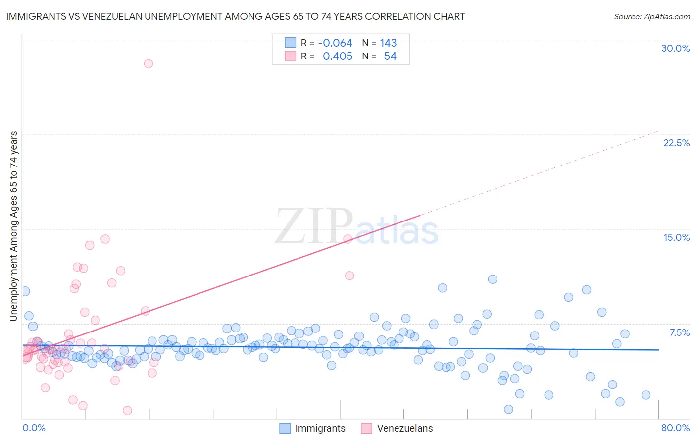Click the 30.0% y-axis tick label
point(675,48)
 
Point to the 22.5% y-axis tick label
point(676,143)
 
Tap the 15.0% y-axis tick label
point(676,237)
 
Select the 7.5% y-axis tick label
point(679,332)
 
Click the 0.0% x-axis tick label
point(34,428)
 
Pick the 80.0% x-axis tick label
point(675,428)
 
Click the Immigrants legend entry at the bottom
point(312,428)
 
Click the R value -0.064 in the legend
point(335,43)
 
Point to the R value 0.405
point(337,56)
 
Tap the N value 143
point(388,43)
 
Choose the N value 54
point(390,56)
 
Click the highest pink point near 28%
point(149,64)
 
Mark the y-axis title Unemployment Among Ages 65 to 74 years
point(13,226)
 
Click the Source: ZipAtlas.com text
point(651,16)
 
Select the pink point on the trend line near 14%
point(348,239)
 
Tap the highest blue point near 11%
point(492,279)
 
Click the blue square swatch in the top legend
point(290,43)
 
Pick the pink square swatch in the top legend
point(290,56)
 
